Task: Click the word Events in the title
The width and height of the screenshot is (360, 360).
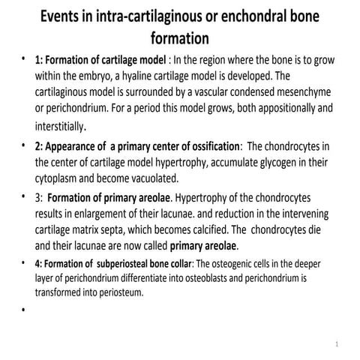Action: pyautogui.click(x=66, y=16)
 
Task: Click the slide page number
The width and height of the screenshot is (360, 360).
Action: pyautogui.click(x=338, y=346)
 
